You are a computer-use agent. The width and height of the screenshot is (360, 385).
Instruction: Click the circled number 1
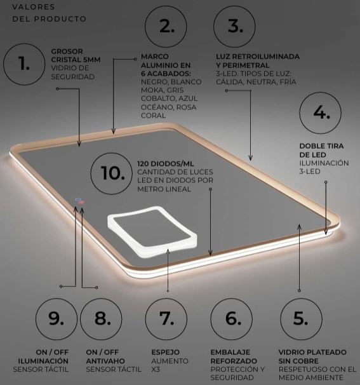24,64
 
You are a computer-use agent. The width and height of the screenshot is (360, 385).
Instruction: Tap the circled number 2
166,27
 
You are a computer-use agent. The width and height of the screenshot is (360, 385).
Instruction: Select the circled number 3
234,27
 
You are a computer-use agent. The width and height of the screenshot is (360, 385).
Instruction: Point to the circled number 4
320,113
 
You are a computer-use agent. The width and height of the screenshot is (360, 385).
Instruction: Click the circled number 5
301,319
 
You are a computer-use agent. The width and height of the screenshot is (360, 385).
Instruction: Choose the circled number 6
232,319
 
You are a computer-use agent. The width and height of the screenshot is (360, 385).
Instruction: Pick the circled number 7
166,319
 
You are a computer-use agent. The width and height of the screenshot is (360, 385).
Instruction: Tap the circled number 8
101,319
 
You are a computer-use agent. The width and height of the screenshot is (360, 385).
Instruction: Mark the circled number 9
57,319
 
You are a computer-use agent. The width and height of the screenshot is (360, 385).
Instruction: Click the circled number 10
112,173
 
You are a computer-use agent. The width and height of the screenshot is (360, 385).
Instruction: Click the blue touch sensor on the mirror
78,199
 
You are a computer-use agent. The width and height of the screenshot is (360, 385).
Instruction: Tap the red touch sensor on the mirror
81,202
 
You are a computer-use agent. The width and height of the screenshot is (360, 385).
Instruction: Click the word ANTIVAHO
105,361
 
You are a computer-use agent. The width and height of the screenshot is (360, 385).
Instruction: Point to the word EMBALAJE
230,352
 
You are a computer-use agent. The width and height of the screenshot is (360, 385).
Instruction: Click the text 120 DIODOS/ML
166,164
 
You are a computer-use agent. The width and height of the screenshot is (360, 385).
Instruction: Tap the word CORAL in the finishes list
154,116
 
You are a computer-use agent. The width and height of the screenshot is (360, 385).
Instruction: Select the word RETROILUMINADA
266,57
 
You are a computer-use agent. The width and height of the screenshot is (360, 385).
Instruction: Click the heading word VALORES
34,7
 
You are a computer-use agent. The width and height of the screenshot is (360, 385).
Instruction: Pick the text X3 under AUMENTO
156,369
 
